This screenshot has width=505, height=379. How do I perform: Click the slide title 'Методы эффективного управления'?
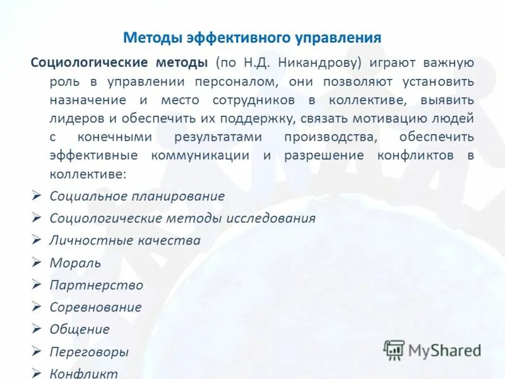point(252,37)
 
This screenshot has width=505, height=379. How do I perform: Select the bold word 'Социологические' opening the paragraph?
point(86,63)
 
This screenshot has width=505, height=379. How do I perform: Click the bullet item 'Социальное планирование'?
point(137,196)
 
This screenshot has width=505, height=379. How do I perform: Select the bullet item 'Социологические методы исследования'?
point(182,219)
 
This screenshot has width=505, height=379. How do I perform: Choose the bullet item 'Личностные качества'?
point(125,241)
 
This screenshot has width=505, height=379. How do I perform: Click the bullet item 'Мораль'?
point(75,263)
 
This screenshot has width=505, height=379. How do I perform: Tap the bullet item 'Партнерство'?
point(97,286)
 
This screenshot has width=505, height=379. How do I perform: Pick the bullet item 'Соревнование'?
point(95,308)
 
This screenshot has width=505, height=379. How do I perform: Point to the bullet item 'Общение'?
point(80,330)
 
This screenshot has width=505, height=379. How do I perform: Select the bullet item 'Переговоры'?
point(89,352)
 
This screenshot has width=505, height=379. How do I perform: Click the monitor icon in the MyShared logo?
point(394,349)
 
